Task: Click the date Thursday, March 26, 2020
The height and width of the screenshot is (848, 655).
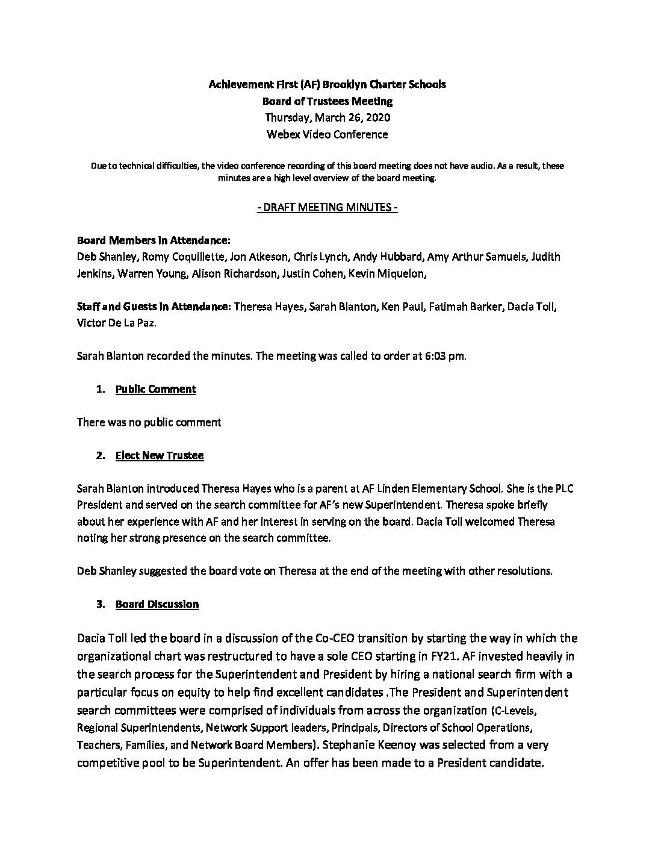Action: point(327,117)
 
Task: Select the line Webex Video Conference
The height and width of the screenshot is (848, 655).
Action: point(327,134)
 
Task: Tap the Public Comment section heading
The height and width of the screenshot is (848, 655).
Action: point(155,389)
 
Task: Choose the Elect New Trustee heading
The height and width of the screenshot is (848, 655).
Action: point(160,455)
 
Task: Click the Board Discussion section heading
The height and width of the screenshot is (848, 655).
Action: point(157,603)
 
